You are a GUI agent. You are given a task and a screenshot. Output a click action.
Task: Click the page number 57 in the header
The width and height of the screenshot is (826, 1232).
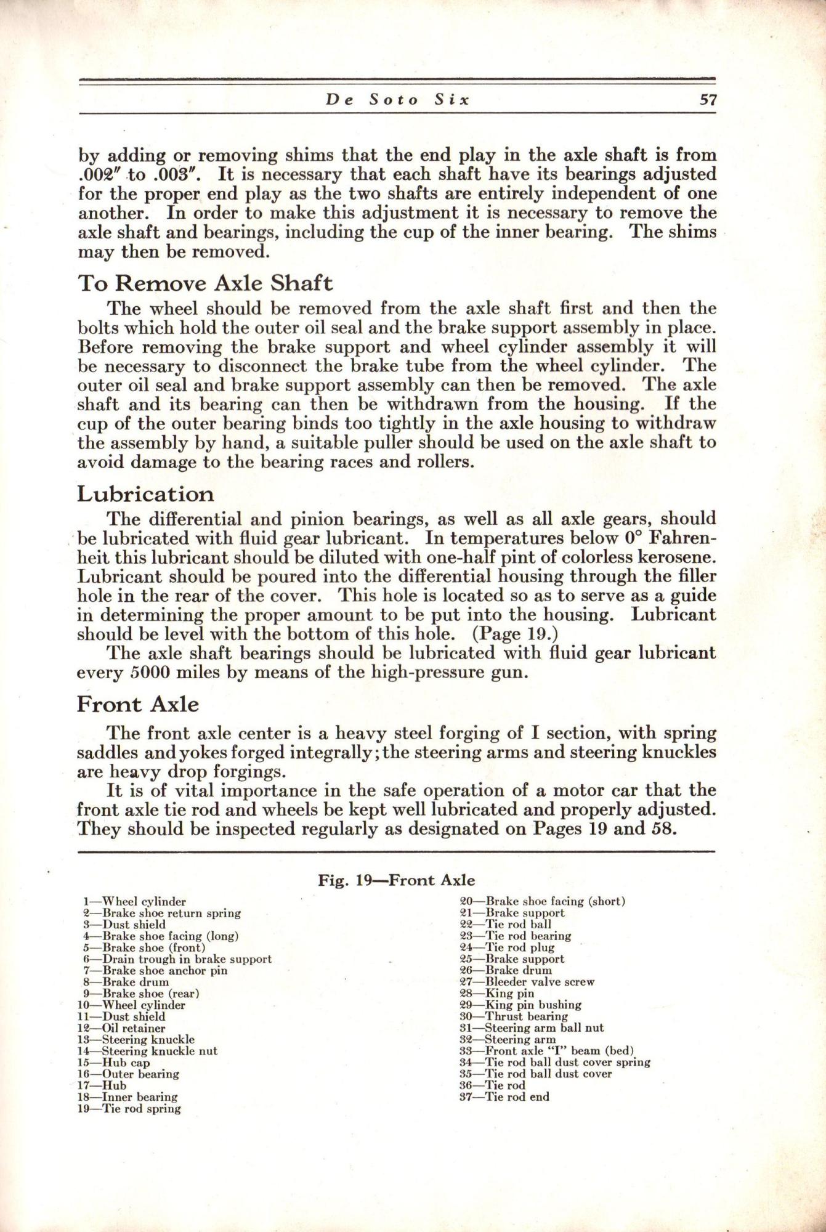[x=708, y=100]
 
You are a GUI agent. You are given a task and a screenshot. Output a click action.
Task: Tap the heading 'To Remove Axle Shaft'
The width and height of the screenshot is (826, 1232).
[x=205, y=283]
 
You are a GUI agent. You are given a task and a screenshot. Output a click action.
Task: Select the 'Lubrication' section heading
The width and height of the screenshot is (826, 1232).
[x=145, y=493]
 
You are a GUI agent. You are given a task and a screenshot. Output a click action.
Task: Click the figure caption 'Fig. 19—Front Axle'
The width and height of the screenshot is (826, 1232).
[x=396, y=880]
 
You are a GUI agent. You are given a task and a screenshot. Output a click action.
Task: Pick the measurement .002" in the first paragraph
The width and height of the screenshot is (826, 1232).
[x=102, y=174]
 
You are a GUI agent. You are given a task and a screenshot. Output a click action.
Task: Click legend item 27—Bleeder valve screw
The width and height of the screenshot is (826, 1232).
[x=527, y=982]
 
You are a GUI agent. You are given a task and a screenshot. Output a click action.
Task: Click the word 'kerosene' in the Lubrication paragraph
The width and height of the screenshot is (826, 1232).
[x=676, y=557]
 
